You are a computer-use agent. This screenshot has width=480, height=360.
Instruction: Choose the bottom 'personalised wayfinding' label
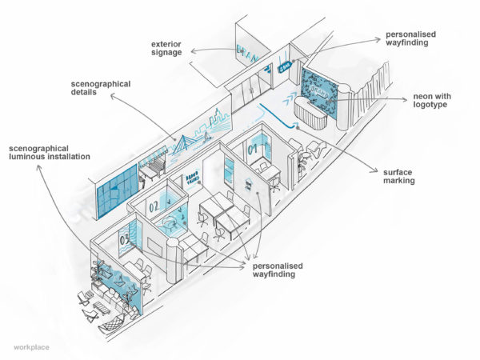276,270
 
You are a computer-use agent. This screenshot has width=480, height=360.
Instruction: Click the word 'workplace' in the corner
31,346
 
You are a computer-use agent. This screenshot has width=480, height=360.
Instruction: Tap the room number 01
254,148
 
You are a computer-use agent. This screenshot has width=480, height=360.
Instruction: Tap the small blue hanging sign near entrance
286,70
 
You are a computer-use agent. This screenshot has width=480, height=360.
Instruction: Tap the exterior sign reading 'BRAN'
243,53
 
